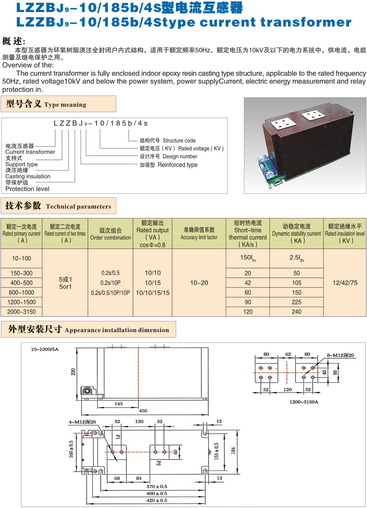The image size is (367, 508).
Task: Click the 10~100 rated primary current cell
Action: (21, 258)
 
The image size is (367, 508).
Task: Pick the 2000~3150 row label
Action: (21, 311)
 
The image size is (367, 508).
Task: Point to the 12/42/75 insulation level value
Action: (345, 283)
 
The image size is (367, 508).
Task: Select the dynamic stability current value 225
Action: (296, 302)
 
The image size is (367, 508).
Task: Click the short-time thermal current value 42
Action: (248, 283)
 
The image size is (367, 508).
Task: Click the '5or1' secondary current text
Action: (65, 286)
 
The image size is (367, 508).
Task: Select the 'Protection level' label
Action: (27, 189)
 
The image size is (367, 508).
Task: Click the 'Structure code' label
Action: (179, 141)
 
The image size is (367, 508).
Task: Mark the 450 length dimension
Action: (143, 411)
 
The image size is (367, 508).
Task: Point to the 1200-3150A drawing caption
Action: (304, 402)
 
